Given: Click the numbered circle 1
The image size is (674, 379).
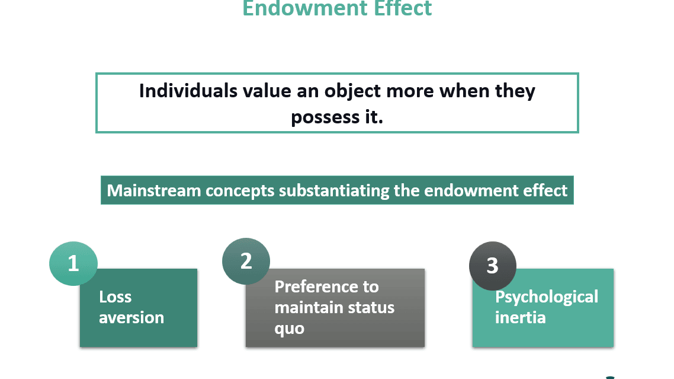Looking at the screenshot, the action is point(73,263).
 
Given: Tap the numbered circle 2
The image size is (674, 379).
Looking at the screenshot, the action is point(246,261).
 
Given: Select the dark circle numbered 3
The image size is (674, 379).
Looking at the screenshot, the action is point(493,266).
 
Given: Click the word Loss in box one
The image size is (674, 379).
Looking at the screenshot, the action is point(115,297).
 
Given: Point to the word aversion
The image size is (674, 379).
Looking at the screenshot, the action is point(131,318).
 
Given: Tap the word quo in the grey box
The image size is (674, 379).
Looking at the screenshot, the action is point(290,329).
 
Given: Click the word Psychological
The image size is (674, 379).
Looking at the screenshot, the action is point(547,297).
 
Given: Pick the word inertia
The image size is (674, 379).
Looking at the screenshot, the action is point(521,318).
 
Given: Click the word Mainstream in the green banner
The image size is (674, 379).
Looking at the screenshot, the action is point(154,190).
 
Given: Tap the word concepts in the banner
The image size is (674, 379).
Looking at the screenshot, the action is point(240,191).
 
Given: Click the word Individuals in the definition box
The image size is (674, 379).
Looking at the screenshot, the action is point(188,91).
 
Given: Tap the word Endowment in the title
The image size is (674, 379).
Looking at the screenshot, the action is point(304,8).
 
